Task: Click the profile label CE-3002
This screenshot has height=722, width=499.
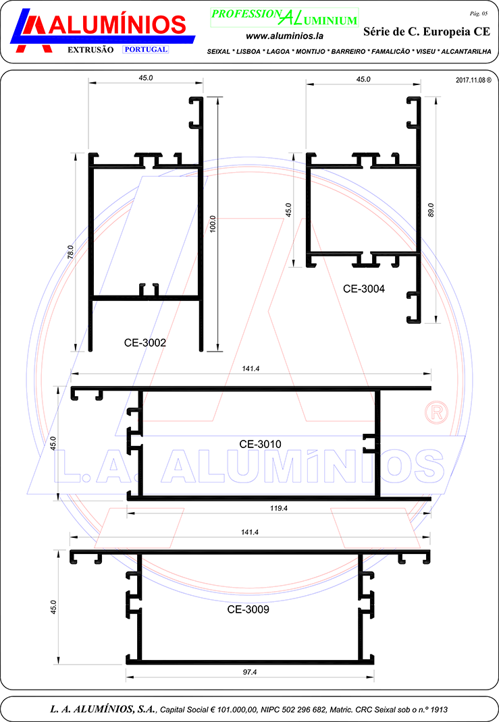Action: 145,343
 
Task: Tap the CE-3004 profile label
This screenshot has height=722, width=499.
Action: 363,289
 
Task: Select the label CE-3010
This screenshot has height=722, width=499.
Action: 260,444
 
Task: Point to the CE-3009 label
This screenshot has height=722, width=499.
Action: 248,609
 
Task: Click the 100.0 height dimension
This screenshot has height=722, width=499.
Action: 213,224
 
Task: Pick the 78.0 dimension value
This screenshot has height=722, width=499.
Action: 70,252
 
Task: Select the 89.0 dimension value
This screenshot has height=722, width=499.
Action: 431,210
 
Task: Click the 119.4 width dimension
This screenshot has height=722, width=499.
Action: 279,508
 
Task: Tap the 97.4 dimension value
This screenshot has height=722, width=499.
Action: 250,672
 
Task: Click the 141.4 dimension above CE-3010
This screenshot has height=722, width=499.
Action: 251,369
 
